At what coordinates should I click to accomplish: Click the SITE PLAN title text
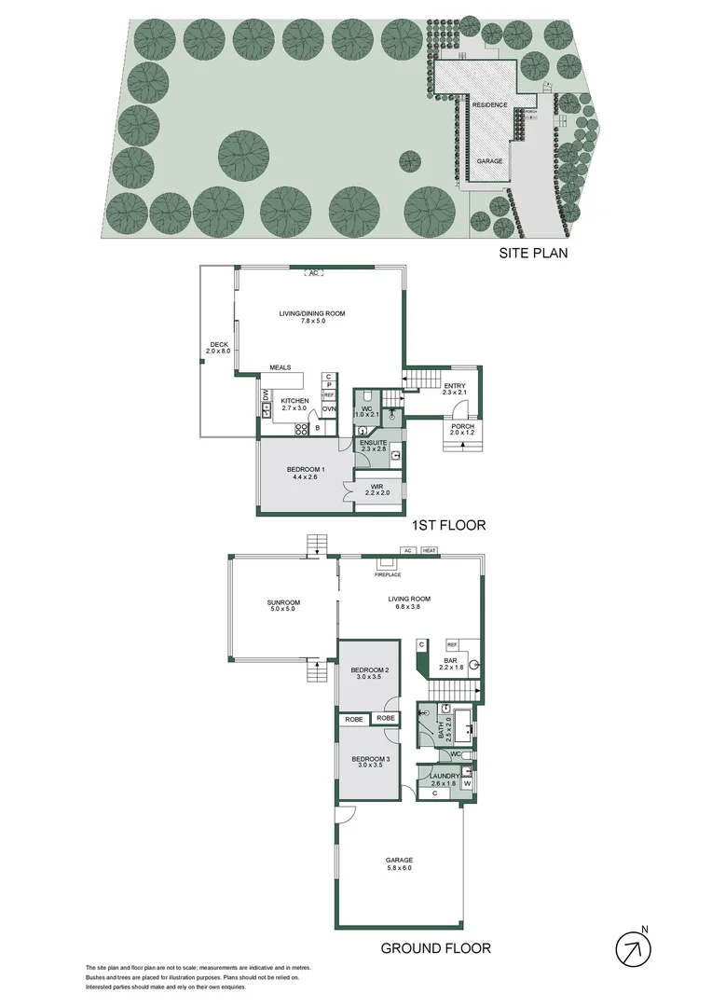531,252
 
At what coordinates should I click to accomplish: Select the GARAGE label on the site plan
490,161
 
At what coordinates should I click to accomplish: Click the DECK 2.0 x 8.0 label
218,348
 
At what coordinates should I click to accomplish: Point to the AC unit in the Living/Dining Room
314,273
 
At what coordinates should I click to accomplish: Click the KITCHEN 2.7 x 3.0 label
294,404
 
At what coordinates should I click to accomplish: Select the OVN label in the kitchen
329,409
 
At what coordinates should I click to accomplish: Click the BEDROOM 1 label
306,472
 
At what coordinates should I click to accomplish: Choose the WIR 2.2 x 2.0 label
377,490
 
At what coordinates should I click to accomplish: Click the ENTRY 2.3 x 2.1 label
456,389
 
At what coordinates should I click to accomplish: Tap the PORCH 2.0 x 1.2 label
462,430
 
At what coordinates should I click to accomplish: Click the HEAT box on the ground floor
429,551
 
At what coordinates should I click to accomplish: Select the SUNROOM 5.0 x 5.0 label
282,607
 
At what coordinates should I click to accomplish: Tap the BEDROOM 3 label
370,762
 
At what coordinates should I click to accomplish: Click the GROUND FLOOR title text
435,949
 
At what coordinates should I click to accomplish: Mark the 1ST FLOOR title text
449,525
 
